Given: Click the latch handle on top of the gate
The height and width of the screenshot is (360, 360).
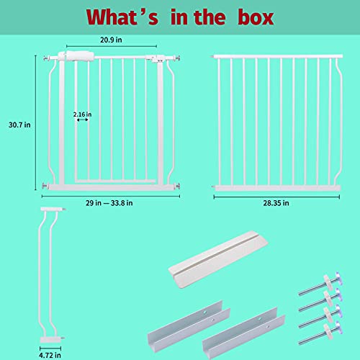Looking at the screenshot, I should tap(76, 55).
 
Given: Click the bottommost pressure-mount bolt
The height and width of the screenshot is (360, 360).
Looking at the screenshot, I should tap(314, 334).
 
